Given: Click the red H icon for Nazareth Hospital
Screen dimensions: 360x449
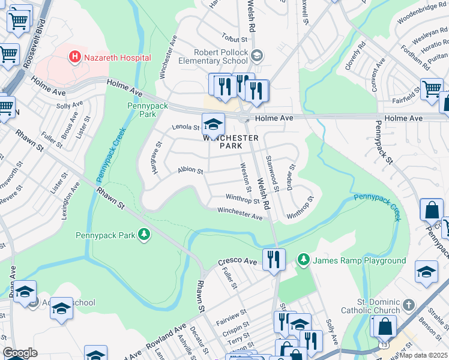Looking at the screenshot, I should (75, 58).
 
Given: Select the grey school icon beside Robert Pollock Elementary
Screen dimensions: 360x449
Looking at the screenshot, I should (257, 56).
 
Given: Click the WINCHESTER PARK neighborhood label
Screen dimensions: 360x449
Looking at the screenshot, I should (231, 142).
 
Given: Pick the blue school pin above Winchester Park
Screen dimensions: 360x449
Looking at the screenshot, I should (212, 124).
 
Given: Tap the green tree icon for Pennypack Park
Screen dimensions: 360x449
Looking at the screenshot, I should (144, 234).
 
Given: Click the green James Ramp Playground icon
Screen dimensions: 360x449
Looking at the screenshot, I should (304, 260).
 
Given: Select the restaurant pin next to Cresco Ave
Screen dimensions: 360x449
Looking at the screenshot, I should (273, 260).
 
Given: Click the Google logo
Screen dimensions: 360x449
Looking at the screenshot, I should (19, 353).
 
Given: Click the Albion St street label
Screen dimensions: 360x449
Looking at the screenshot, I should (191, 170).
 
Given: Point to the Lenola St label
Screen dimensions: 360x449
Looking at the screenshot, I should (185, 127).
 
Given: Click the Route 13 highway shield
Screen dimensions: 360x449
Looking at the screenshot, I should (383, 346).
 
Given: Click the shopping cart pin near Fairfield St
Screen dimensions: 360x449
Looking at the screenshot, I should (432, 89).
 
